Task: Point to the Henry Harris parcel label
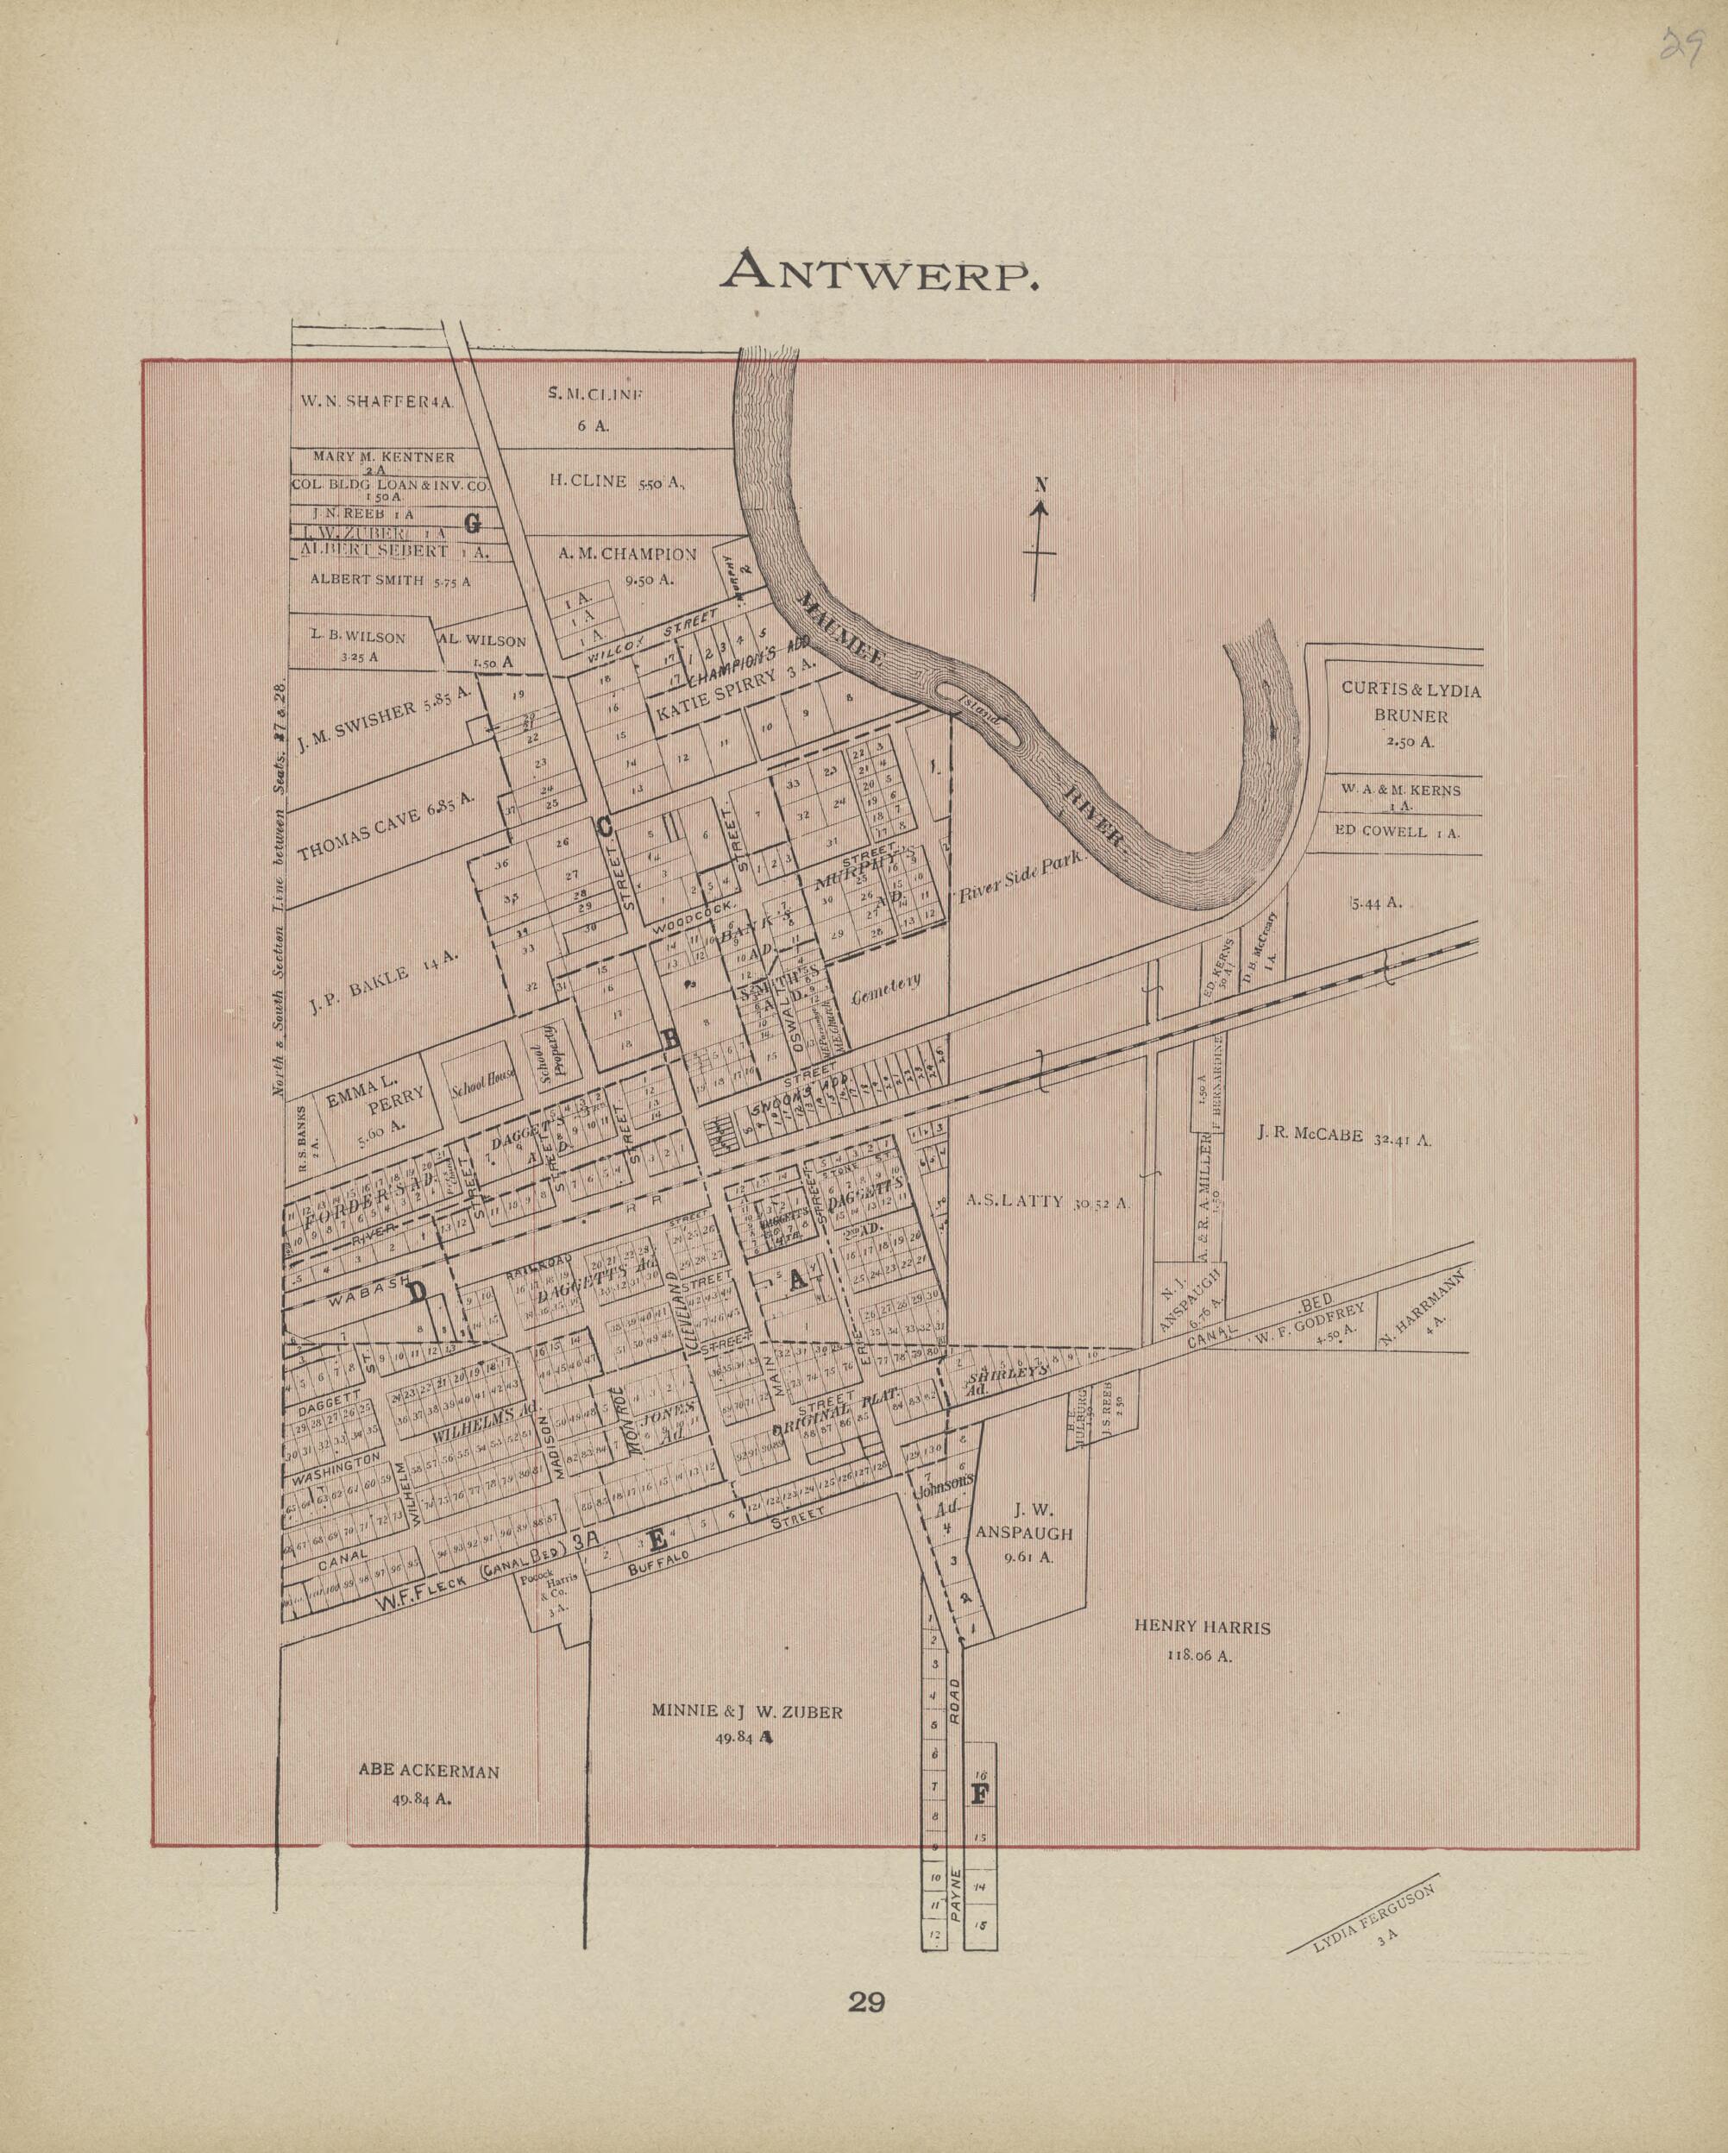tap(1202, 1640)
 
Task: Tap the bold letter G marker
tap(472, 522)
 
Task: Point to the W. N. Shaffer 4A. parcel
tap(377, 401)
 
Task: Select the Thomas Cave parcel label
tap(384, 828)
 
